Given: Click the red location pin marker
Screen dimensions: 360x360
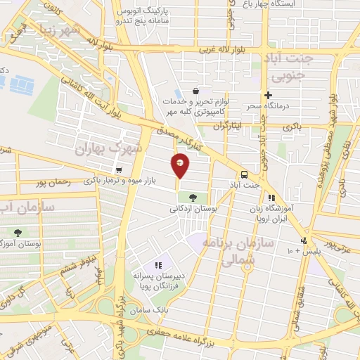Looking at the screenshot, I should click(x=181, y=165).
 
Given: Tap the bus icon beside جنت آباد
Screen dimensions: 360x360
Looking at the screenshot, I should click(x=244, y=174).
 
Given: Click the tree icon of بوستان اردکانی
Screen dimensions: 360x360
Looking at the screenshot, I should click(x=193, y=198).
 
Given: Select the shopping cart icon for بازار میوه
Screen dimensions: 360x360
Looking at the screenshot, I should click(x=119, y=170).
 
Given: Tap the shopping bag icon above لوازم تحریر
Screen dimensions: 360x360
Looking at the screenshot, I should click(x=195, y=91).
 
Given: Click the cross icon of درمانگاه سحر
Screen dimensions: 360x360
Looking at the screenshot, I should click(x=267, y=95).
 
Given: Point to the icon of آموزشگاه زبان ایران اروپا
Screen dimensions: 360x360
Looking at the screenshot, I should click(x=271, y=198).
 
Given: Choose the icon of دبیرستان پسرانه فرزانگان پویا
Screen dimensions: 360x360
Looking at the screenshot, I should click(x=158, y=265).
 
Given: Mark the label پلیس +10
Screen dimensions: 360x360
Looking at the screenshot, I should click(x=302, y=250).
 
